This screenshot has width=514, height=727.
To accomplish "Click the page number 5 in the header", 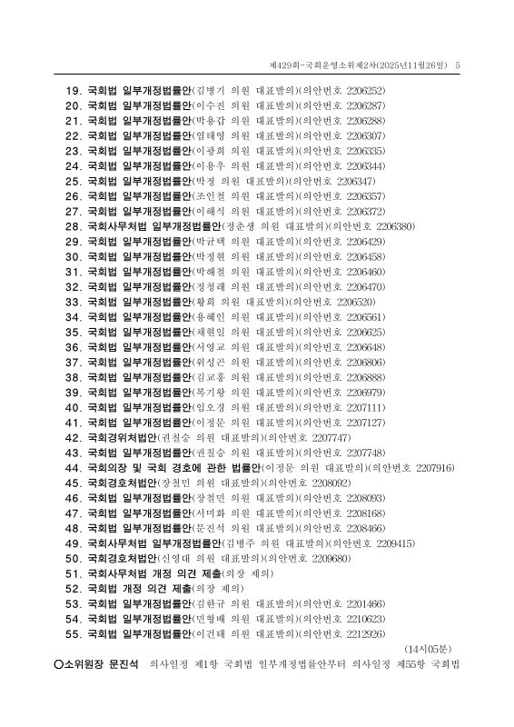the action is pos(458,65).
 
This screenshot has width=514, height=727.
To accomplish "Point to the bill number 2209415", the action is pos(393,543).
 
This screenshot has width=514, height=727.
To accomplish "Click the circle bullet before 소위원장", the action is pos(59,664).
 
